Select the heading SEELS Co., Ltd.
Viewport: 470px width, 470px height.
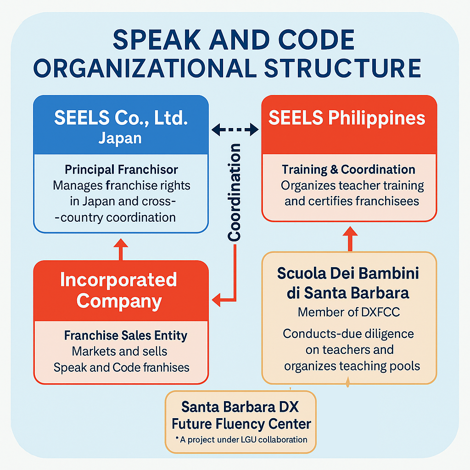tap(121, 118)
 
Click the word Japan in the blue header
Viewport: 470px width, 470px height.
tap(120, 138)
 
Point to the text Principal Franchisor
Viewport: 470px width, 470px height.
tap(121, 170)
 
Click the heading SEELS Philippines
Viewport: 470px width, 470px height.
tap(347, 118)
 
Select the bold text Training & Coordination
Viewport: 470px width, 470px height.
tap(348, 169)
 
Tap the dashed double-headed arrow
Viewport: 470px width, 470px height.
tap(235, 130)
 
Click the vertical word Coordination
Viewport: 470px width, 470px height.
tap(234, 192)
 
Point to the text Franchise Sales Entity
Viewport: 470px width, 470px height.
tap(125, 336)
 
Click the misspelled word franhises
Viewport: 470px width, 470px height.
tap(167, 367)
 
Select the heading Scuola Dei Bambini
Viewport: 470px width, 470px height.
tap(348, 274)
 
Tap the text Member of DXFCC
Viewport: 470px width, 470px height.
tap(349, 312)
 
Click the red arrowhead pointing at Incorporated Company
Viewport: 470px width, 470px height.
tap(216, 301)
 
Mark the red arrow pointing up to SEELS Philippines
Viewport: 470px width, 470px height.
tap(350, 235)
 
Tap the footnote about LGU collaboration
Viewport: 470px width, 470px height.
tap(241, 440)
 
